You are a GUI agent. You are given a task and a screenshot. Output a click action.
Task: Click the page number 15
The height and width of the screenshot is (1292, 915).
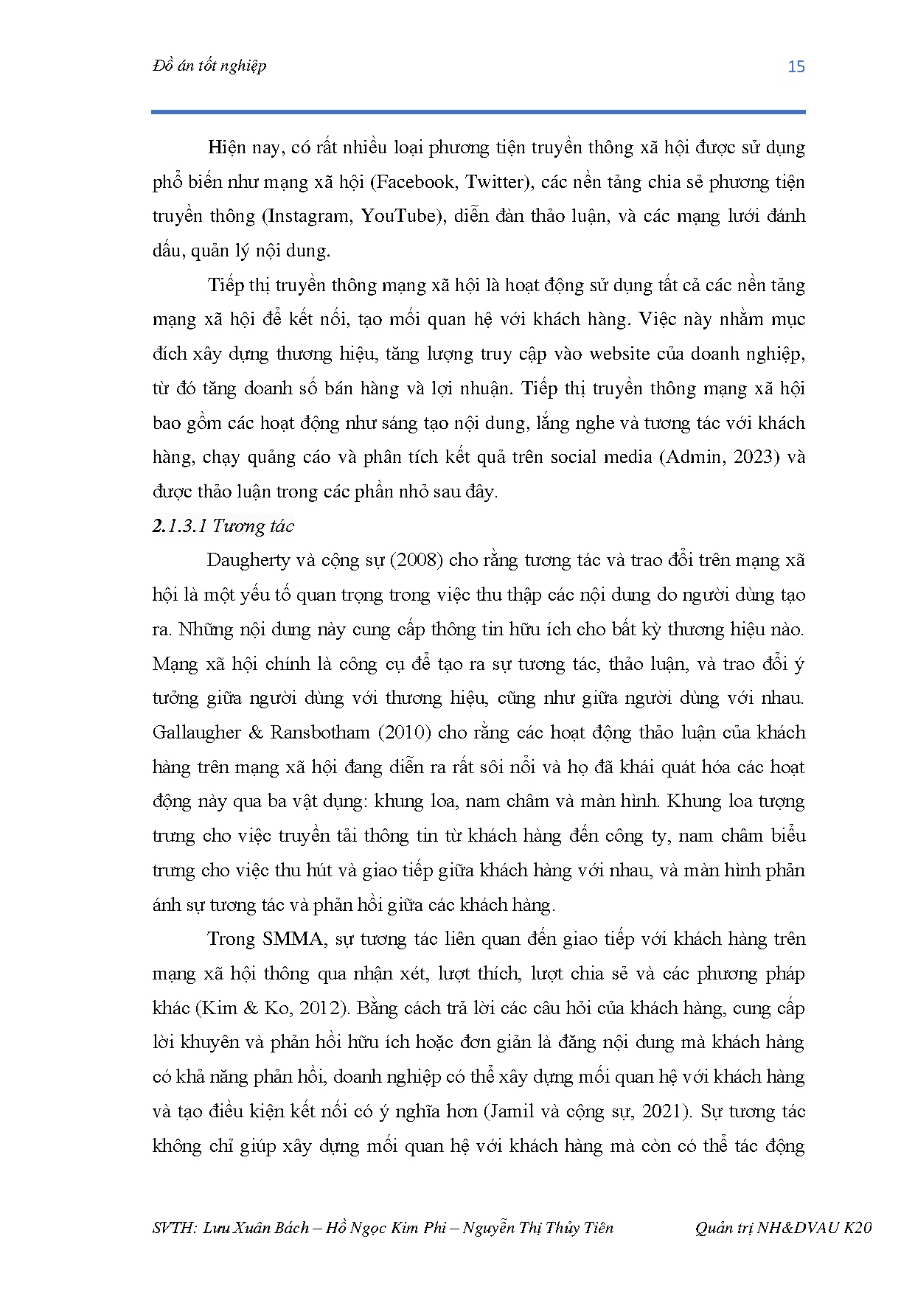click(x=796, y=67)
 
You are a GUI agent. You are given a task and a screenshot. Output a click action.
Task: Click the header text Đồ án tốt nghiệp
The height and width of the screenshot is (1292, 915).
click(x=209, y=66)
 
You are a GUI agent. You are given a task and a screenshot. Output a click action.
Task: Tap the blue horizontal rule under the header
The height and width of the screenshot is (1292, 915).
click(x=478, y=112)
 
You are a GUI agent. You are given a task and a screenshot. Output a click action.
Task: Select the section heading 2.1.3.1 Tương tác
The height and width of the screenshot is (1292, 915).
click(x=223, y=526)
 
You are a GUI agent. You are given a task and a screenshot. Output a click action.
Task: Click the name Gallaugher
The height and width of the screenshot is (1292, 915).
click(x=197, y=733)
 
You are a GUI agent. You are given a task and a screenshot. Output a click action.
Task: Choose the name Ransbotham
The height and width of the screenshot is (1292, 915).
click(x=319, y=733)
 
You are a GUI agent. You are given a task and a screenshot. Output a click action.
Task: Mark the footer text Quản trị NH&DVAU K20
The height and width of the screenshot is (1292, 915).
click(x=783, y=1228)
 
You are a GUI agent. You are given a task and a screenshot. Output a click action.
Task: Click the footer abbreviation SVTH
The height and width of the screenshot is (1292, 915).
click(x=172, y=1228)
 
